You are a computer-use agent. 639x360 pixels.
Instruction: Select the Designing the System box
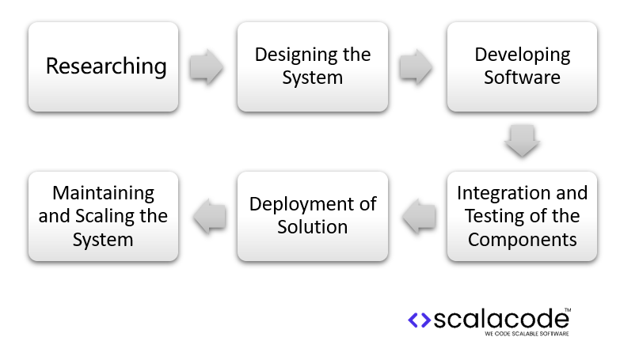pos(312,66)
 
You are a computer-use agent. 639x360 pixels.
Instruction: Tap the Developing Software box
pos(522,66)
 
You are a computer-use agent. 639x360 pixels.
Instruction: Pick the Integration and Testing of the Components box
pos(522,216)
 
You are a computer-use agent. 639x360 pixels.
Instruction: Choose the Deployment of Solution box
pos(312,216)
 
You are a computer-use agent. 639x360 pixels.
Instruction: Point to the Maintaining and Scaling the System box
pos(103,216)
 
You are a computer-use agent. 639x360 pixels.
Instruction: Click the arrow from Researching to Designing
pos(207,66)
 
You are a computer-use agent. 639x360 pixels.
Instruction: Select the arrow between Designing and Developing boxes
pos(416,66)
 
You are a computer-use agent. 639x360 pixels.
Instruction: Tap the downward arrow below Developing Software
pos(522,141)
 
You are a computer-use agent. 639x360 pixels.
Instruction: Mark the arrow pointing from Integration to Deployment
pos(416,216)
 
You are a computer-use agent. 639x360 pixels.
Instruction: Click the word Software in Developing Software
pos(522,78)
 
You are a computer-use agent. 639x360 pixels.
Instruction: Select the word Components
pos(522,239)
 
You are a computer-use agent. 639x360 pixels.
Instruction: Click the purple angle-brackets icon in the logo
pos(419,320)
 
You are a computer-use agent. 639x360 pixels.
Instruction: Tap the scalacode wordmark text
pos(500,319)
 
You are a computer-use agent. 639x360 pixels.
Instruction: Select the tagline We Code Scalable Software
pos(526,335)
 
